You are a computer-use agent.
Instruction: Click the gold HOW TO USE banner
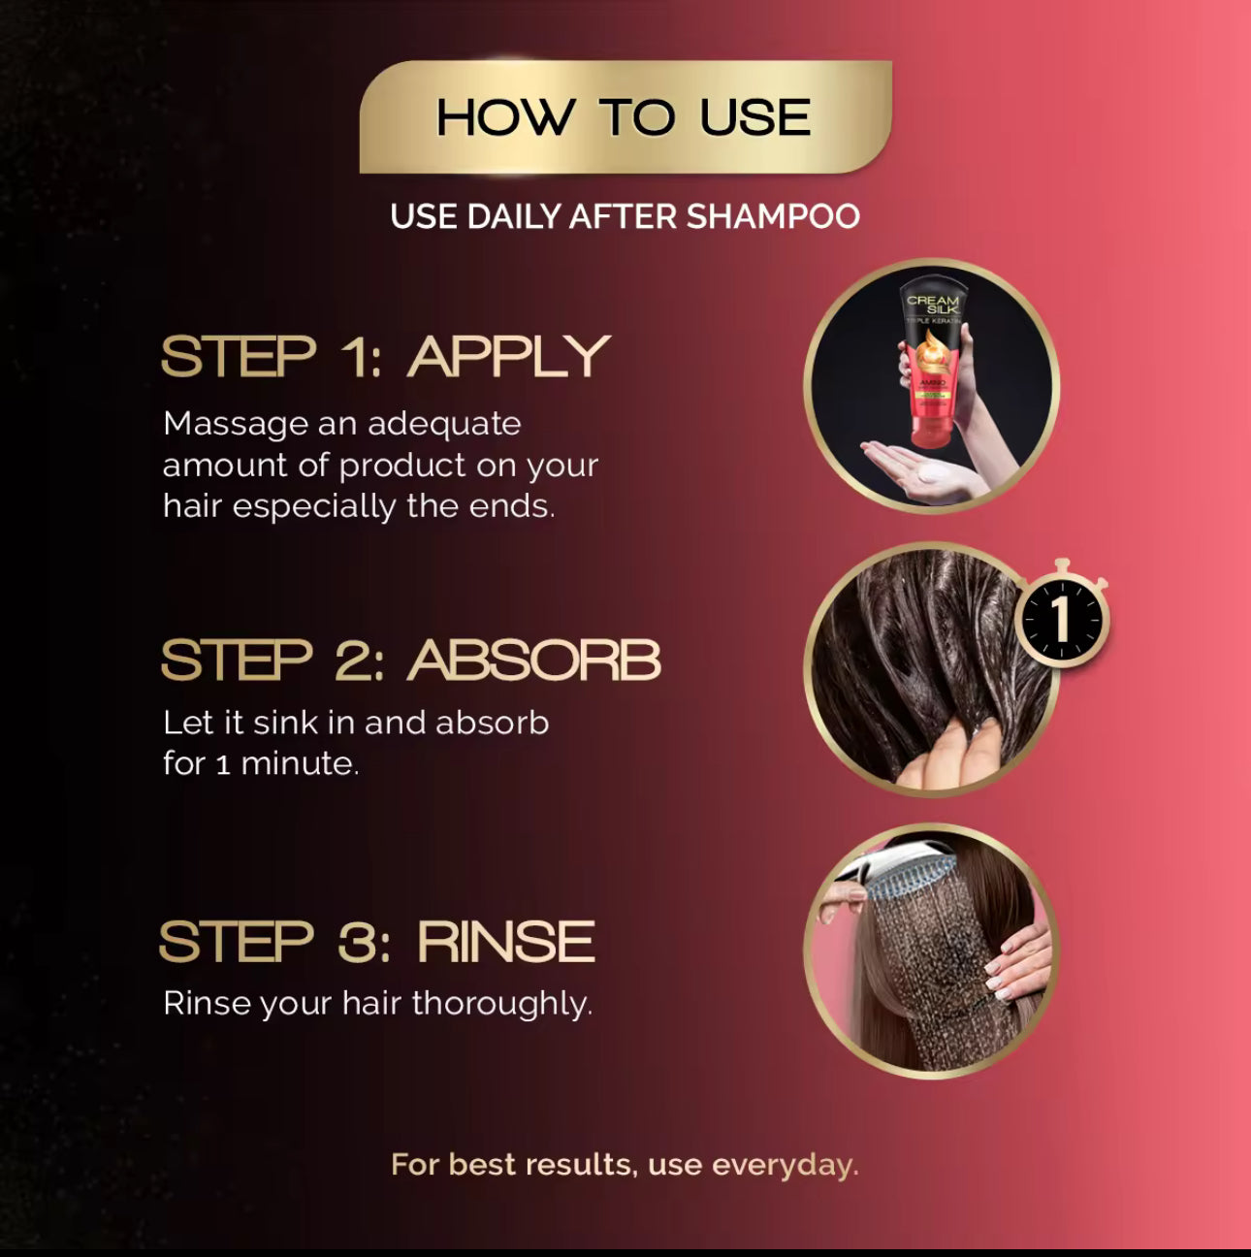[625, 116]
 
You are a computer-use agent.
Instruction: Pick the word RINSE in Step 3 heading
[506, 942]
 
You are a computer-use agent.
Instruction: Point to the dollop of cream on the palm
[934, 473]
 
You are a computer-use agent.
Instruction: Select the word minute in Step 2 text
[300, 763]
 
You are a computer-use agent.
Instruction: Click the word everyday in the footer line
[786, 1165]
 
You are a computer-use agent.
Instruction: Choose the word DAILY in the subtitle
[515, 216]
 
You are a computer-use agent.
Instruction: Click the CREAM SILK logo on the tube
[934, 304]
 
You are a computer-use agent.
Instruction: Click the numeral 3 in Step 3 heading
[356, 942]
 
